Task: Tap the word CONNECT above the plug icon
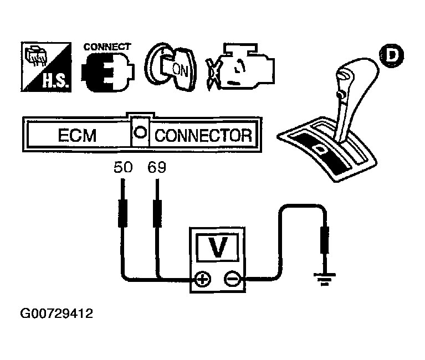tap(107, 47)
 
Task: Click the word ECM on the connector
tap(76, 136)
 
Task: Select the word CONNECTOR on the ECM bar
tap(203, 136)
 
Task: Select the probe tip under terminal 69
tap(157, 213)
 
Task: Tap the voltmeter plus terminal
tap(203, 280)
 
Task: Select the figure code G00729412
tap(57, 314)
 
